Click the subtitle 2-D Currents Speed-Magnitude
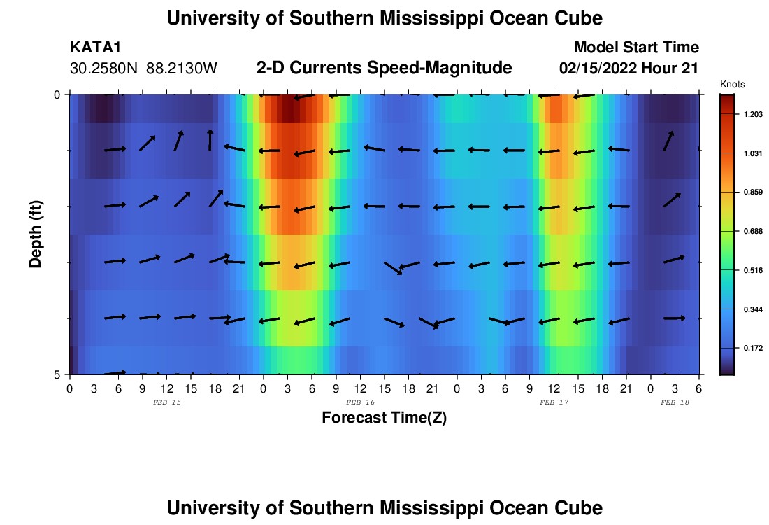pos(384,68)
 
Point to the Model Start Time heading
pos(635,48)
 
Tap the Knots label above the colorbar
pos(732,84)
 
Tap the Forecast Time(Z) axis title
pos(384,418)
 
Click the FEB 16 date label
pos(361,402)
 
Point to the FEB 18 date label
pos(675,402)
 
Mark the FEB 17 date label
pos(554,402)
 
